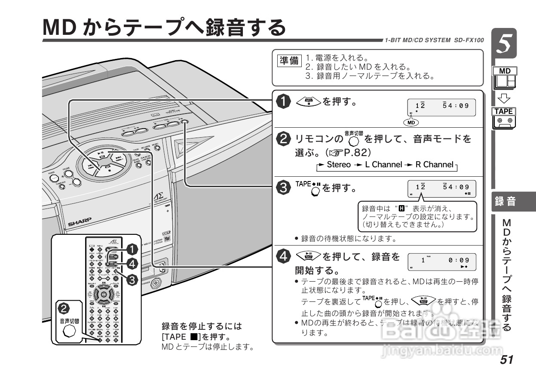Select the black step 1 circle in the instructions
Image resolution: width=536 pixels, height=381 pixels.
(283, 102)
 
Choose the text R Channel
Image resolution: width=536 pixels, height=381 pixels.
(434, 165)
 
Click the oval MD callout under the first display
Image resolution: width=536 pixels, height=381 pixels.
(412, 123)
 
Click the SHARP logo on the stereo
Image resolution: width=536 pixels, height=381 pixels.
(80, 221)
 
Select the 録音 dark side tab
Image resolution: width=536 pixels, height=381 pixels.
(505, 201)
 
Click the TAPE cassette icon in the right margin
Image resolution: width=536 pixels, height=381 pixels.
(504, 118)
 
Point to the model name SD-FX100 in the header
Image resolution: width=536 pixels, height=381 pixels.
(469, 40)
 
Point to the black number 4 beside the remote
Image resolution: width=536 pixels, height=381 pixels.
(132, 263)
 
